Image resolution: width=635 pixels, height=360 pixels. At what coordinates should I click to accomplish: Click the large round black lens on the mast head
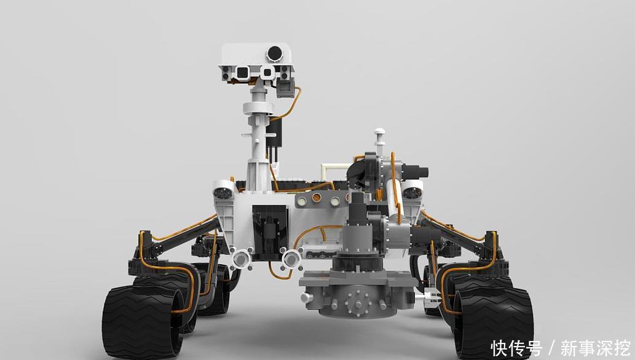click(x=274, y=53)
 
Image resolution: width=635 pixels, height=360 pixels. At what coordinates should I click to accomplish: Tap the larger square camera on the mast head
click(x=242, y=73)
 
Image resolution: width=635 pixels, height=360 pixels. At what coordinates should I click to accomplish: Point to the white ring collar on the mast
click(x=258, y=108)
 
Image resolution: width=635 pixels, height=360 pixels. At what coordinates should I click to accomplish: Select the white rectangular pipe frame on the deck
click(x=334, y=171)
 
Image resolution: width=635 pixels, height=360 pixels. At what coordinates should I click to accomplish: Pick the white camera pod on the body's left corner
click(x=224, y=189)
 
